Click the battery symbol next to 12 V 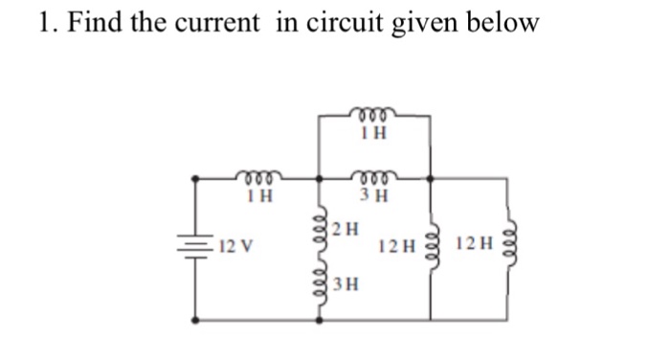[197, 248]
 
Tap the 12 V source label [235, 248]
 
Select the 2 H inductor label [348, 229]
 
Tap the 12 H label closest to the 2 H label [397, 247]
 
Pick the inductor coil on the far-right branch [509, 246]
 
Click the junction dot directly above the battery [197, 179]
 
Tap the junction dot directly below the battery [197, 319]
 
